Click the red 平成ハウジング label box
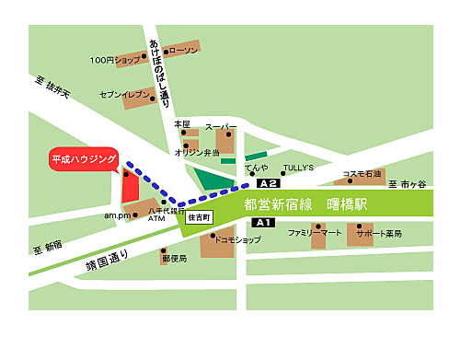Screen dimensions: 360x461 82,159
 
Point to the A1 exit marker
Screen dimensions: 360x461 263,223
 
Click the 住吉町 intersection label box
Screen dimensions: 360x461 199,218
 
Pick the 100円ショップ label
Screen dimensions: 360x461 115,60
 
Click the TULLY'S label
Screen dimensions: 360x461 298,168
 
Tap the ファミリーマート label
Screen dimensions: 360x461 314,234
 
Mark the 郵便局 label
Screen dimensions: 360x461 174,259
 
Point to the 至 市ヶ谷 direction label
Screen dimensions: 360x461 408,185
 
